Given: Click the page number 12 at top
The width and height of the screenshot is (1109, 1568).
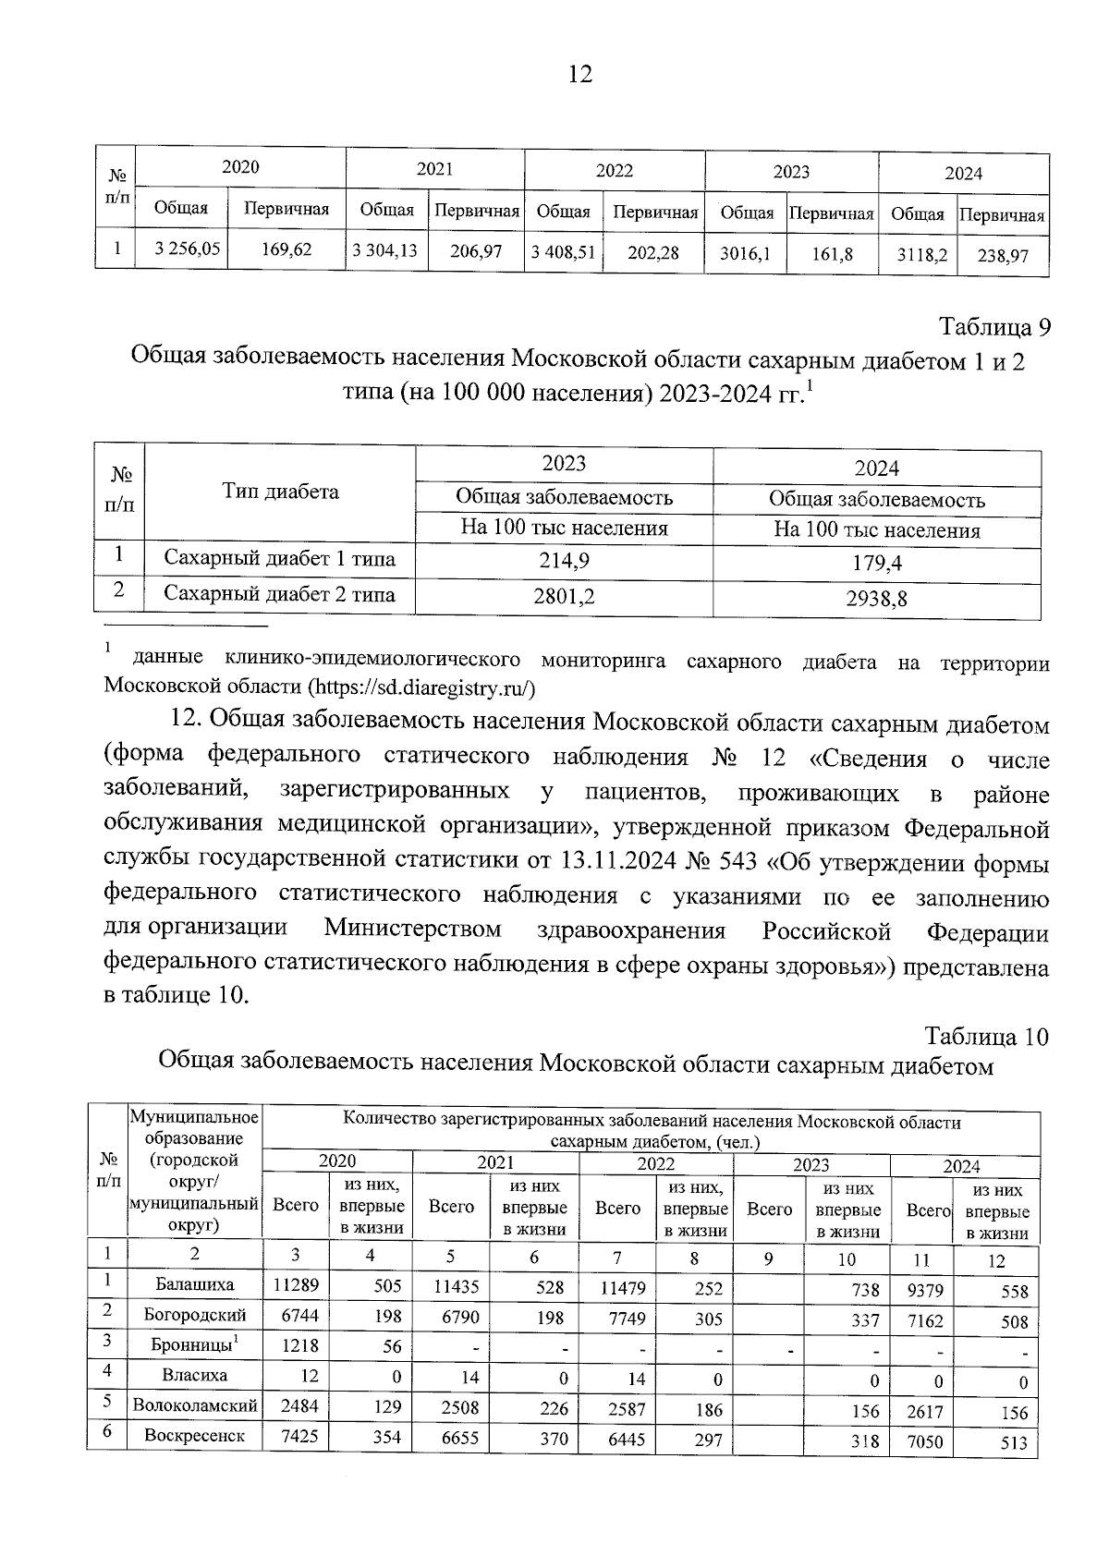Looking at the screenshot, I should [x=579, y=75].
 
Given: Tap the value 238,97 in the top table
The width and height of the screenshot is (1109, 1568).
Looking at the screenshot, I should [x=1003, y=256].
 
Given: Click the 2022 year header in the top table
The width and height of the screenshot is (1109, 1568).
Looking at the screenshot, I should [x=614, y=171].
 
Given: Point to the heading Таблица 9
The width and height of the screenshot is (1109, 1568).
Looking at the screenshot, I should [x=995, y=327].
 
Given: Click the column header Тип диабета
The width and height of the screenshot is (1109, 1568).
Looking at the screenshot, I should [x=280, y=492].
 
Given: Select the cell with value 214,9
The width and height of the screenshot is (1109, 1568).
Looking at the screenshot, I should [x=564, y=561].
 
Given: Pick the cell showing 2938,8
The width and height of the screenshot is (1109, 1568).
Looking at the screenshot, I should [x=876, y=599].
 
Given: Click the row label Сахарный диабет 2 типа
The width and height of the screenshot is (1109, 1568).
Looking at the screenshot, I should [x=279, y=594].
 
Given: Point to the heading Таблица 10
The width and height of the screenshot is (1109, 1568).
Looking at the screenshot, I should [x=986, y=1037].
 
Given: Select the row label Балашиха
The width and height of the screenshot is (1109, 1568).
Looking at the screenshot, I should [x=195, y=1284].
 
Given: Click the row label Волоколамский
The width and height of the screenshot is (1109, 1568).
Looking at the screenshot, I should [x=195, y=1406].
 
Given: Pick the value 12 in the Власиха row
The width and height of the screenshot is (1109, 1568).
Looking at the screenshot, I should [x=308, y=1376].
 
